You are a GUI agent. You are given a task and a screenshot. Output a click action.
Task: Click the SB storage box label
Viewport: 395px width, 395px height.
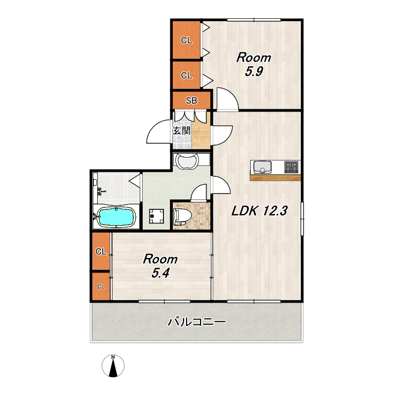click(x=192, y=101)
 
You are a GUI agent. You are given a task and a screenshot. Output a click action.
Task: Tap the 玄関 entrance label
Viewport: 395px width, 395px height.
click(x=181, y=131)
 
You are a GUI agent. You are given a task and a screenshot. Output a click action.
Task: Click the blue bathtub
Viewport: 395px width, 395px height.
click(x=116, y=217)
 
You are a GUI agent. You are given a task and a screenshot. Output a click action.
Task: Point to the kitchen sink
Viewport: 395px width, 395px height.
click(x=262, y=167)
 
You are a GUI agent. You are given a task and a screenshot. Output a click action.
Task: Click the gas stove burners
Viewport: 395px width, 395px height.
click(x=291, y=167)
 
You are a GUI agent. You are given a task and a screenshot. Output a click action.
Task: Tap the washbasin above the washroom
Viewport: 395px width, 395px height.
click(x=187, y=161)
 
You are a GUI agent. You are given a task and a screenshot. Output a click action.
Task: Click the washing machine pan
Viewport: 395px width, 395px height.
click(x=156, y=216)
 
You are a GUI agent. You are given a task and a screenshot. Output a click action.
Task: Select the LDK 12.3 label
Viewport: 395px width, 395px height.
click(x=259, y=211)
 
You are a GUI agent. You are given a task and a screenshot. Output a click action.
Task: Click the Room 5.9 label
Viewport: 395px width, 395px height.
click(x=254, y=64)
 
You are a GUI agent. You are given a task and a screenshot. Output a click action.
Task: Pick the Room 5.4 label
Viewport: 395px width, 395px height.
click(x=160, y=266)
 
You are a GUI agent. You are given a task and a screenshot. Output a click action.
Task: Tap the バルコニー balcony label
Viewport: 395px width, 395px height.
click(x=197, y=322)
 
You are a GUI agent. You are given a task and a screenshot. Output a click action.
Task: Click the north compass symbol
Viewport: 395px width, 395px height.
click(x=113, y=366)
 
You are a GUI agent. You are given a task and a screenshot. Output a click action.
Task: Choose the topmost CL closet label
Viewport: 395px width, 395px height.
click(x=187, y=40)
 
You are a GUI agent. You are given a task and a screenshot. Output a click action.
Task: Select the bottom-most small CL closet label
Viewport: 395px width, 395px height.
click(x=101, y=286)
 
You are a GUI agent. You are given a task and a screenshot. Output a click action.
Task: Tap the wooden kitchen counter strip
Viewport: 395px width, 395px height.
click(x=276, y=177)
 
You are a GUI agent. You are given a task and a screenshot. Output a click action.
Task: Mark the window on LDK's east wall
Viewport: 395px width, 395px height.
click(x=302, y=219)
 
